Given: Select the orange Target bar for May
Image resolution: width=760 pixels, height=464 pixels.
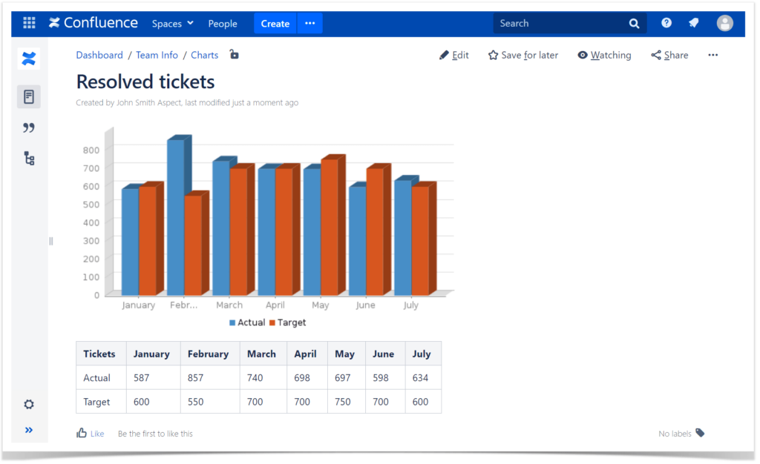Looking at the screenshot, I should tap(329, 230).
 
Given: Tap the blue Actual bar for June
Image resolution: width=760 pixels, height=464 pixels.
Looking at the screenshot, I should tap(357, 241).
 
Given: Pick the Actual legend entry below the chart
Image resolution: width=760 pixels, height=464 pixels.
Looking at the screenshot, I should tap(247, 322).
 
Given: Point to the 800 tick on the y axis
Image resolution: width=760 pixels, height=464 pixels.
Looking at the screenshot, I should tap(91, 150).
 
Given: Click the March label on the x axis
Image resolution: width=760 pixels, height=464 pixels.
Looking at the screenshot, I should tap(229, 305).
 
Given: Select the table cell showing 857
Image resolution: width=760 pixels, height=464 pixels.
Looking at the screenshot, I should tap(196, 378).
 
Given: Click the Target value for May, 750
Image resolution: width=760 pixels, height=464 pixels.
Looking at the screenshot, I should tap(343, 402).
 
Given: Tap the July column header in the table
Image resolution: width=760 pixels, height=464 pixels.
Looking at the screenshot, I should tap(422, 354).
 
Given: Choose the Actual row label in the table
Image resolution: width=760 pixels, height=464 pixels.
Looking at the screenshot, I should tap(97, 378).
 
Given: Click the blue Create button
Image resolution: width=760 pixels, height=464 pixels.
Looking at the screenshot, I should tap(275, 24).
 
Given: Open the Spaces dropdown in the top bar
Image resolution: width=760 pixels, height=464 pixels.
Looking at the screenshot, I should tap(172, 24).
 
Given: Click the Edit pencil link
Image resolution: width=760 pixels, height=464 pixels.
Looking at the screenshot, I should tap(454, 55).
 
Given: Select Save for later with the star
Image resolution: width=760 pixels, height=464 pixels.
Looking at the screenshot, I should tap(523, 55).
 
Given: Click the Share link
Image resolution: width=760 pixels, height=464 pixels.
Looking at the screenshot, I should tap(669, 55).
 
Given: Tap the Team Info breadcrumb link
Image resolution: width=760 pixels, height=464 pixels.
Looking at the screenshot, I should tap(157, 55).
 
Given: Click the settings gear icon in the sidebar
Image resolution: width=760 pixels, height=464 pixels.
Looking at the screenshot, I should tap(29, 405).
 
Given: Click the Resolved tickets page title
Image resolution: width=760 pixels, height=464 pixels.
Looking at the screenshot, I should tap(145, 82).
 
